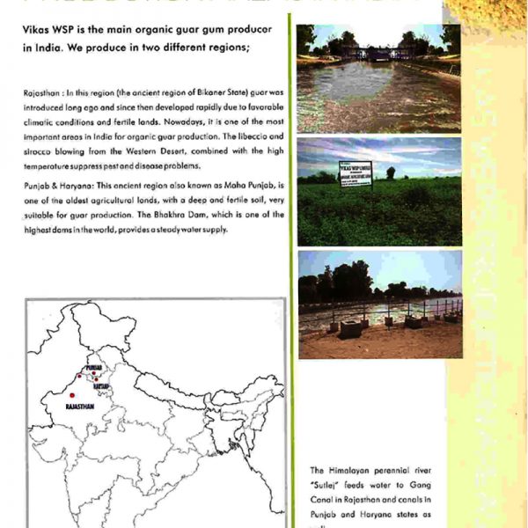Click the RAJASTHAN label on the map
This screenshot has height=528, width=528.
point(80,407)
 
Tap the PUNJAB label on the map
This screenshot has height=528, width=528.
point(93,367)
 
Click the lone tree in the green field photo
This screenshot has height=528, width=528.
point(390,172)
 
